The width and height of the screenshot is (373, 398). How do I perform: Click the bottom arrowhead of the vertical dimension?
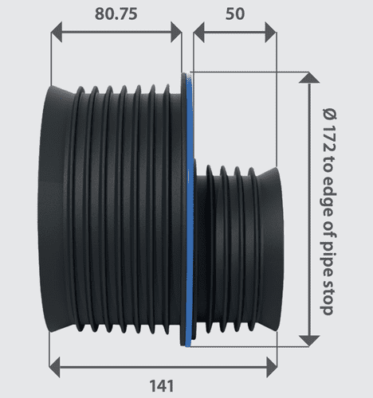click(308, 340)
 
